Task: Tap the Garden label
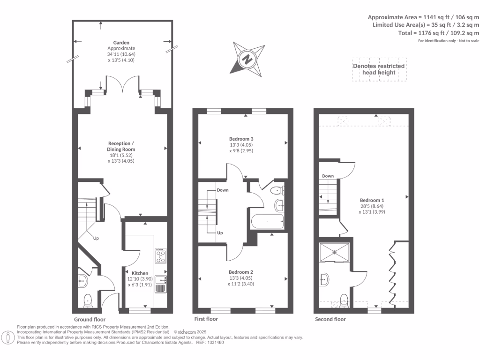tap(121, 42)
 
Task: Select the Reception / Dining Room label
tap(121, 146)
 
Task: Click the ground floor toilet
tap(88, 300)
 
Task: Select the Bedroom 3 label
tap(241, 139)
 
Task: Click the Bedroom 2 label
tap(241, 272)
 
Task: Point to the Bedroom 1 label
tap(370, 200)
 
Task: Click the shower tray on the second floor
tap(335, 254)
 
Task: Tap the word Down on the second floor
tap(328, 176)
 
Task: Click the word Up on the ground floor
tap(96, 238)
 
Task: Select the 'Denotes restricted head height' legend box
tap(379, 69)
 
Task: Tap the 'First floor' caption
tap(206, 319)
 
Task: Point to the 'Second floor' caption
tap(330, 319)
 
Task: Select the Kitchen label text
tap(140, 273)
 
